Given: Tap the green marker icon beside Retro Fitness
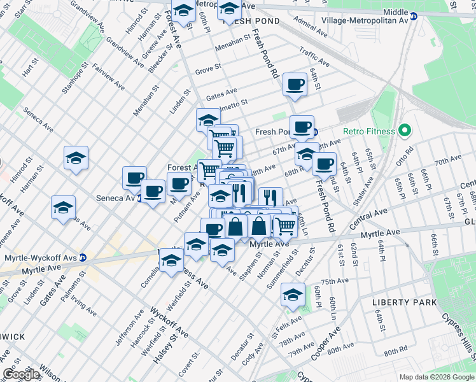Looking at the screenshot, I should (x=403, y=132).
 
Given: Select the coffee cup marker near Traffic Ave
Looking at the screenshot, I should (x=295, y=85).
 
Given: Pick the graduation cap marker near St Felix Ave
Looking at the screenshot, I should (x=293, y=296).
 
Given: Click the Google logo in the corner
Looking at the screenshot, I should (x=20, y=374).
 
